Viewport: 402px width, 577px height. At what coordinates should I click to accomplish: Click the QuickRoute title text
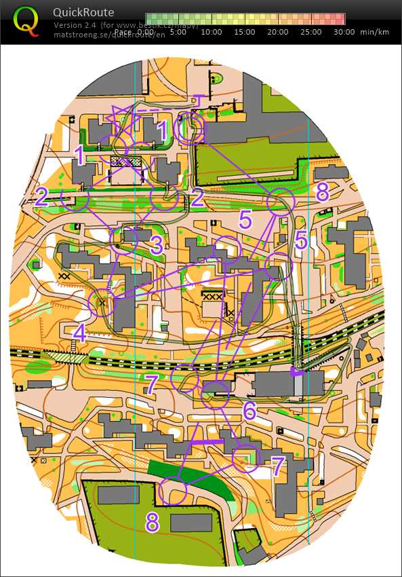pos(83,12)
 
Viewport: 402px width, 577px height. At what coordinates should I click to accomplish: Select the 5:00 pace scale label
pos(178,31)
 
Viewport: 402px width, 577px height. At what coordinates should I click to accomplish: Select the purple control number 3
pos(157,245)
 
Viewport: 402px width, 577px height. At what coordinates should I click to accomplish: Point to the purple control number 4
pos(80,333)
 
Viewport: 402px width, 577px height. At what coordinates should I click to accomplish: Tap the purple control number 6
pos(249,410)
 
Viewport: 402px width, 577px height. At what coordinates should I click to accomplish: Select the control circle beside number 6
pos(216,394)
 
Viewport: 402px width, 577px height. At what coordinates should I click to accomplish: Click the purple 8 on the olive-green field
pos(153,523)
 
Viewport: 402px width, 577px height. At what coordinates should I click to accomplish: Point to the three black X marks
pos(213,297)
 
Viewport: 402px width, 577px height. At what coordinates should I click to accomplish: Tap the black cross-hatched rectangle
pos(125,162)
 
